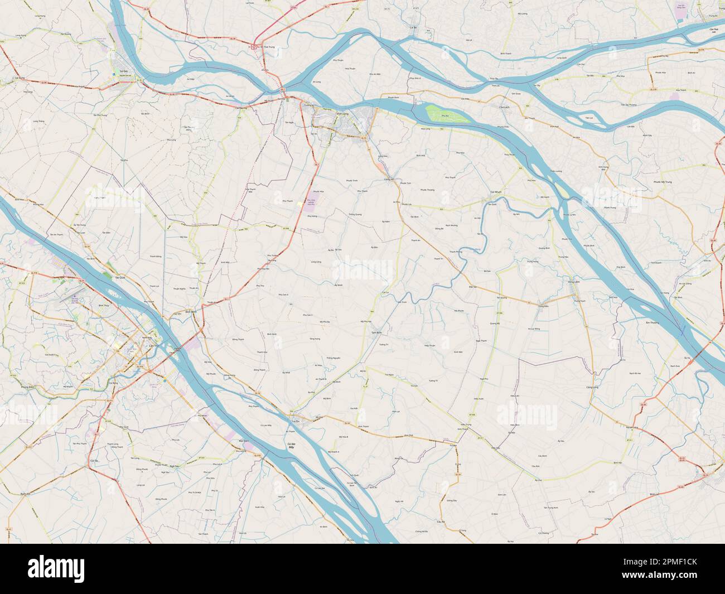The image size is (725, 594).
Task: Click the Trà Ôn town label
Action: coord(296,422)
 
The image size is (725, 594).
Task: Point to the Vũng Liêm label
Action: coord(574,283)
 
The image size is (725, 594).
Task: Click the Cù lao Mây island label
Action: coord(288,445)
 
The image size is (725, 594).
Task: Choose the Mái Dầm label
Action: coord(243,441)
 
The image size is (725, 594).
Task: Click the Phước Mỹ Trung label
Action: coord(665,182)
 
